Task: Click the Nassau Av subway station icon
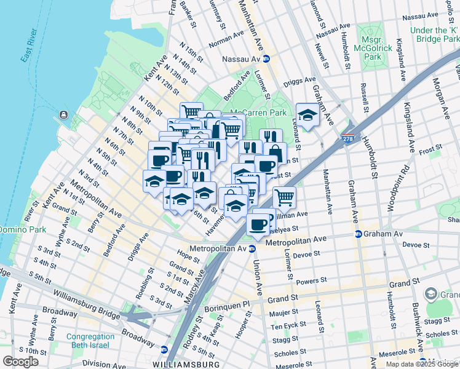point(266,59)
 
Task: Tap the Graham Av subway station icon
point(358,234)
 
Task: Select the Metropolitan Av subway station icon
point(251,248)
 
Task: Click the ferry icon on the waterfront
point(63,114)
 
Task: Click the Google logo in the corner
point(20,361)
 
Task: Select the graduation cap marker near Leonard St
point(307,114)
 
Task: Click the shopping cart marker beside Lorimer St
point(284,197)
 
